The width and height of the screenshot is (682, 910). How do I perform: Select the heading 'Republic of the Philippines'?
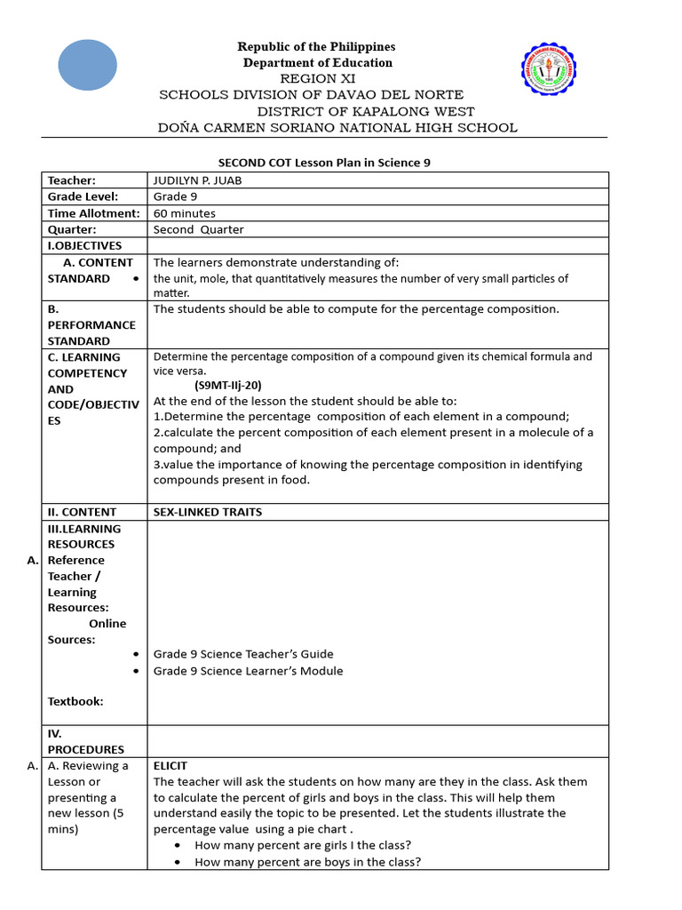point(316,46)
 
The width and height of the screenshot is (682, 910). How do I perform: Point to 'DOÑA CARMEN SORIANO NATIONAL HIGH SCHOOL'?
point(337,127)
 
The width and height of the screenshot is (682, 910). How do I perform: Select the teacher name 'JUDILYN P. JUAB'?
point(198,180)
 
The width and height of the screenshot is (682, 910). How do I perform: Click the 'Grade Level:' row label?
point(83,196)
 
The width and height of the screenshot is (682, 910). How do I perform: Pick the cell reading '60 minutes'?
point(185,213)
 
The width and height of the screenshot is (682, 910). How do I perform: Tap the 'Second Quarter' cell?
point(198,229)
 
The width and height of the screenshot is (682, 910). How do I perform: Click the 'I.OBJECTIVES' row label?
point(84,245)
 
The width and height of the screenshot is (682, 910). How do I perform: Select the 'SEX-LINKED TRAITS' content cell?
point(207,512)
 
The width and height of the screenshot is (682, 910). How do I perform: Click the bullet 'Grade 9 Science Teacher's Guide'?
point(242,654)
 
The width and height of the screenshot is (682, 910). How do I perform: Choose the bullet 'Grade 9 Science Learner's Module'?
point(248,671)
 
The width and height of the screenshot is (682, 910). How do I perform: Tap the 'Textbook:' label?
point(75,701)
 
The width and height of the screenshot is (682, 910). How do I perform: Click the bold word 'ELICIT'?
point(170,765)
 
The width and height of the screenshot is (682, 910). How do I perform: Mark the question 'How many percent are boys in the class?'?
point(307,862)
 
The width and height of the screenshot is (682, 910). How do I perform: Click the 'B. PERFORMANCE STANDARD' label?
point(91,325)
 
